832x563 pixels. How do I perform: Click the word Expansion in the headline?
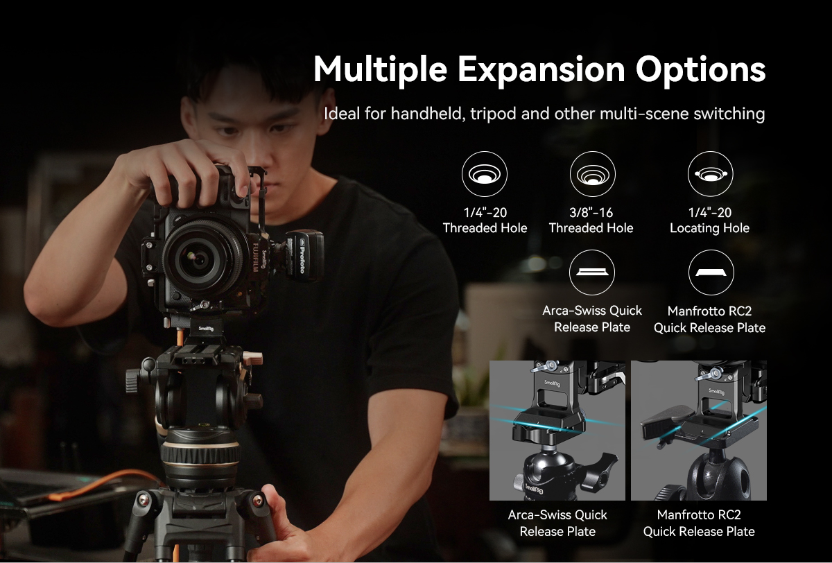pyautogui.click(x=541, y=70)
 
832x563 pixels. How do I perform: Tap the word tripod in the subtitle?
pyautogui.click(x=493, y=114)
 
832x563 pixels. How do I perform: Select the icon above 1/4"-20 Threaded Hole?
pyautogui.click(x=485, y=174)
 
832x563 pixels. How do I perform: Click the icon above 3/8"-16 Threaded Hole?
pyautogui.click(x=592, y=174)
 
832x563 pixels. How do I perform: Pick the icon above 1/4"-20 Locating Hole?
pyautogui.click(x=710, y=174)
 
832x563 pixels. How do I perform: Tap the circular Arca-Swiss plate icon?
pyautogui.click(x=592, y=272)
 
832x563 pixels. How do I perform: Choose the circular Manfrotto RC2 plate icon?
pyautogui.click(x=710, y=272)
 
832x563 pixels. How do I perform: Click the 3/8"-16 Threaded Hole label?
pyautogui.click(x=591, y=220)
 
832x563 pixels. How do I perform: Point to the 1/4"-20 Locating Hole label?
pyautogui.click(x=709, y=220)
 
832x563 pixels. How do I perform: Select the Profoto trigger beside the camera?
pyautogui.click(x=302, y=254)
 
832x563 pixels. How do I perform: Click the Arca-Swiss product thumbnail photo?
pyautogui.click(x=557, y=430)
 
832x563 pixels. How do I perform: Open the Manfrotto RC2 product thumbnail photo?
pyautogui.click(x=698, y=430)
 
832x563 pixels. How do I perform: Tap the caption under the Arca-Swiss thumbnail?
pyautogui.click(x=557, y=523)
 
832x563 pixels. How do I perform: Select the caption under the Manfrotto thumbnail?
pyautogui.click(x=698, y=523)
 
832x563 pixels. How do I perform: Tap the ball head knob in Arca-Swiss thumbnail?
pyautogui.click(x=605, y=462)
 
